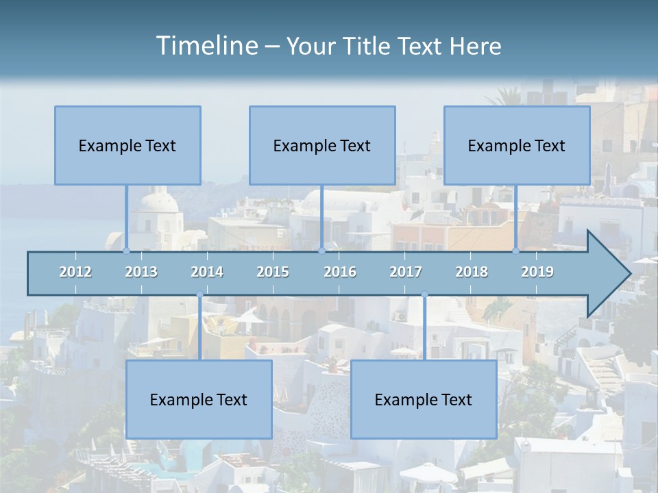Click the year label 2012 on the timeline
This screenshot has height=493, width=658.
click(x=75, y=272)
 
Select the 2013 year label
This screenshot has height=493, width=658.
click(x=141, y=272)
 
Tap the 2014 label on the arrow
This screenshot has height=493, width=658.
click(x=207, y=272)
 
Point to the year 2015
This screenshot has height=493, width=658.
click(x=273, y=272)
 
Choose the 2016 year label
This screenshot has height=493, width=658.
click(x=340, y=272)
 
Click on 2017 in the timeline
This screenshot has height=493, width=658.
click(x=406, y=272)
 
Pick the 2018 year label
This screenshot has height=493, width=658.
click(x=472, y=272)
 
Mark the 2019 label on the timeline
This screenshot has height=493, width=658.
click(x=537, y=272)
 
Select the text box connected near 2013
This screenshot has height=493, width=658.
click(x=127, y=145)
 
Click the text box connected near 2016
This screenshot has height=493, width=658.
click(x=322, y=145)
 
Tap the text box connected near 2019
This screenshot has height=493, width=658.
click(x=517, y=145)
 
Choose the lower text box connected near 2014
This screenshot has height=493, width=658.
click(x=199, y=399)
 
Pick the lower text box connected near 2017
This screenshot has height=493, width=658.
click(x=424, y=399)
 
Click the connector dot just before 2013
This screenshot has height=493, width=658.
click(x=127, y=251)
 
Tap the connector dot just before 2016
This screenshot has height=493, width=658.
click(x=321, y=251)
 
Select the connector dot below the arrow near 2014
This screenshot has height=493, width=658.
click(x=199, y=295)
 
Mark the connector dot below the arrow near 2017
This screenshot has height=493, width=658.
click(x=424, y=295)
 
